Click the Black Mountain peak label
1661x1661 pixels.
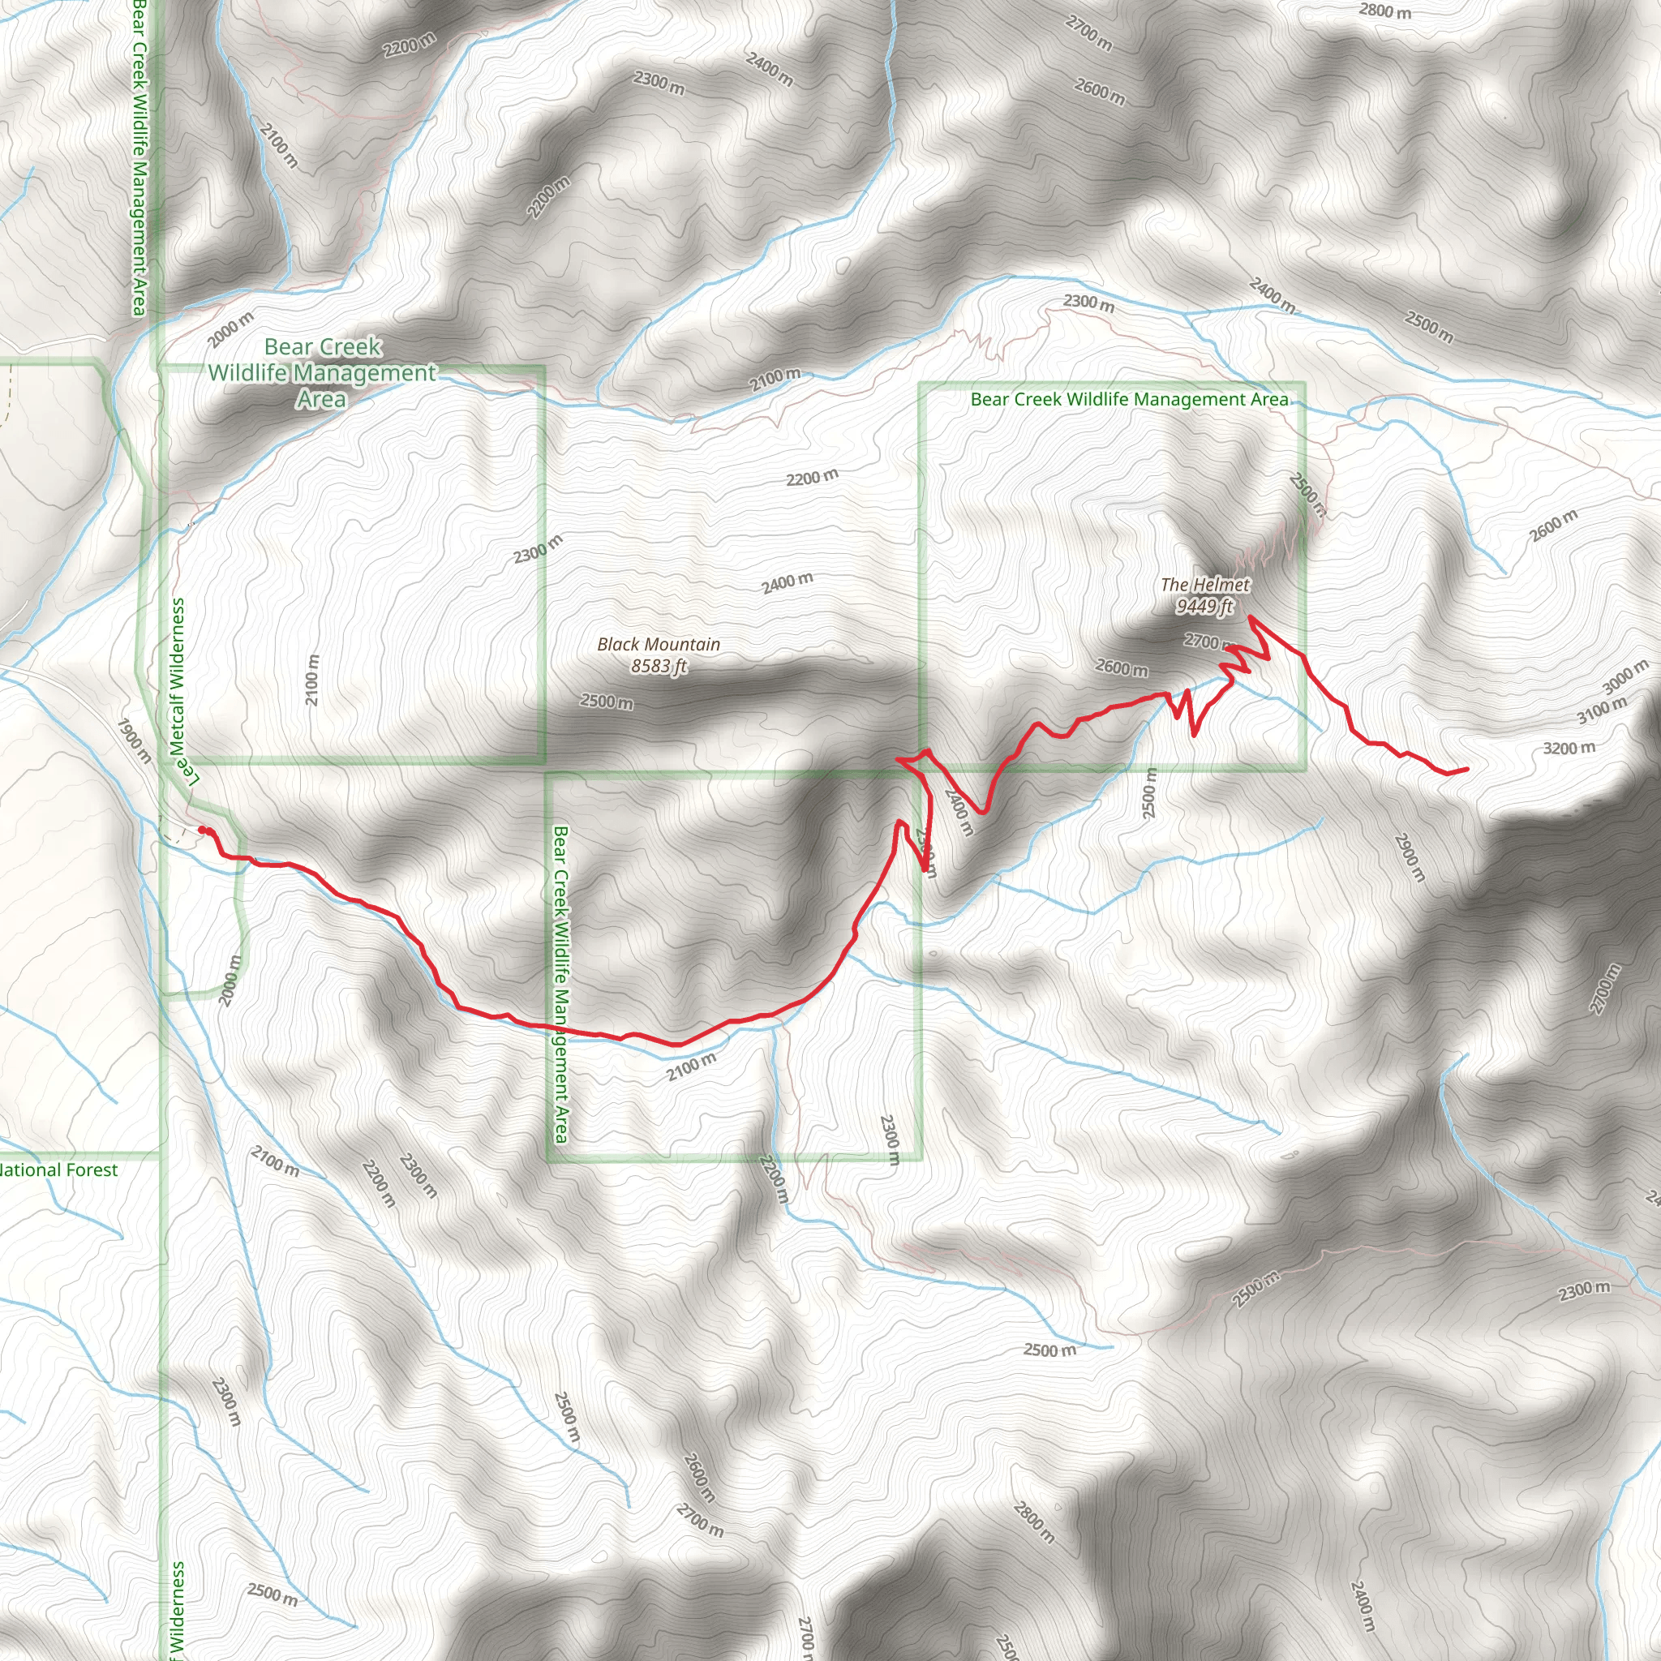click(659, 644)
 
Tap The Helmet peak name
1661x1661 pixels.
click(1204, 585)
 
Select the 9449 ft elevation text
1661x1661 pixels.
click(1204, 606)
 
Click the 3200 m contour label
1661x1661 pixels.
click(1569, 748)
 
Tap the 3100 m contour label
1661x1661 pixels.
click(1602, 710)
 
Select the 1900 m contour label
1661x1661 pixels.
click(134, 740)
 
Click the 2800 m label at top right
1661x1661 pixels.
click(1385, 11)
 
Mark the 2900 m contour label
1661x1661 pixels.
click(1410, 856)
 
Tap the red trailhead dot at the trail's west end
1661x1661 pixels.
click(203, 830)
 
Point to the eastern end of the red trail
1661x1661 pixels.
click(1466, 770)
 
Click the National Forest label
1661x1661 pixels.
click(58, 1170)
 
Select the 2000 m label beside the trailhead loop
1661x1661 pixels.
click(230, 980)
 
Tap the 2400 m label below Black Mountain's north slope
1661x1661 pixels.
click(787, 583)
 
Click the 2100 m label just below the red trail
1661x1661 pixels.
click(691, 1067)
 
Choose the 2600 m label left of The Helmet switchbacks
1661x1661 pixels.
click(1121, 667)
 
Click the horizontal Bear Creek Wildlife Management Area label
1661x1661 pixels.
click(1129, 399)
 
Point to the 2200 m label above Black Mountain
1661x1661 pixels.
click(812, 477)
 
